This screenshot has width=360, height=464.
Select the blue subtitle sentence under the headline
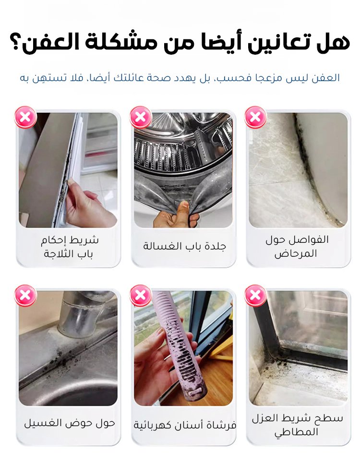coord(180,78)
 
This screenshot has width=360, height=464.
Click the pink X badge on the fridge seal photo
coord(25,117)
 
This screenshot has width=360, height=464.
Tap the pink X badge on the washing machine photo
coord(140,117)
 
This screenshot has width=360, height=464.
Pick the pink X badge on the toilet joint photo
coord(255,117)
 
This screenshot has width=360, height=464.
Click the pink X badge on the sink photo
coord(25,296)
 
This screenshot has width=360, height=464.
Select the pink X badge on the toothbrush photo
coord(140,296)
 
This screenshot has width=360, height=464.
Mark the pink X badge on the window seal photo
coord(255,296)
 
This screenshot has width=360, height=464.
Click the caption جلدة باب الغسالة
coord(184,246)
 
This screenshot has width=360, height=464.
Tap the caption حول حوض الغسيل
coord(70,424)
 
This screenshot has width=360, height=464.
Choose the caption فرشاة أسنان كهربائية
coord(185,425)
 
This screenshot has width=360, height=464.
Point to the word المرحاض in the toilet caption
coord(296,254)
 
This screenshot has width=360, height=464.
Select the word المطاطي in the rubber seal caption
coord(296,432)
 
